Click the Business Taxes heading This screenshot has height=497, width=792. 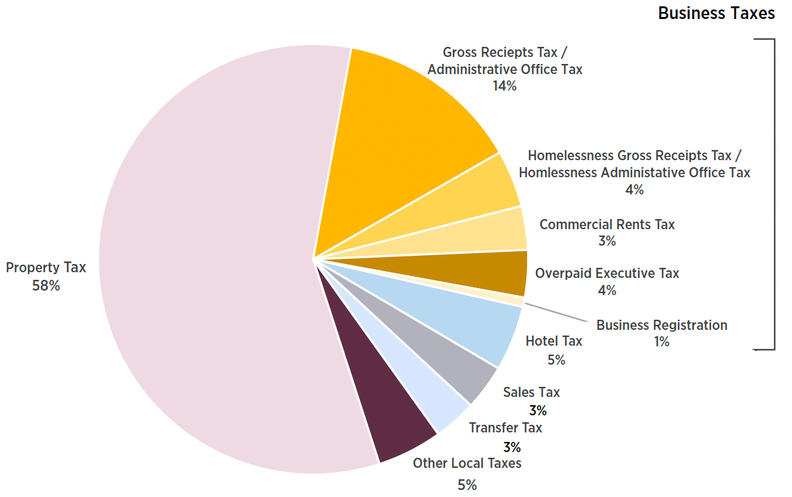pos(716,13)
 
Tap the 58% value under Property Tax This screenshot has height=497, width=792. pos(46,286)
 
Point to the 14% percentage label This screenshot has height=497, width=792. pos(504,86)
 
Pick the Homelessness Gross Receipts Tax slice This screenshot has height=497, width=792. pos(481,196)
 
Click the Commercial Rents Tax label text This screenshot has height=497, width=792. pos(607,225)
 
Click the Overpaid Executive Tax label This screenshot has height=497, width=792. pos(607,274)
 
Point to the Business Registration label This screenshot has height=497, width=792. pos(662,325)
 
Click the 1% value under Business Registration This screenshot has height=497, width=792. pos(662,342)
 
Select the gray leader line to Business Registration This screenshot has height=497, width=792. pos(557,313)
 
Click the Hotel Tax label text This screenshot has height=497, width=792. pos(554,341)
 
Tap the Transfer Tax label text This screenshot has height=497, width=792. pos(505,428)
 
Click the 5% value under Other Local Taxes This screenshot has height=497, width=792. pos(467,486)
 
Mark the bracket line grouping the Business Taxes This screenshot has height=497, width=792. pos(774,190)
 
